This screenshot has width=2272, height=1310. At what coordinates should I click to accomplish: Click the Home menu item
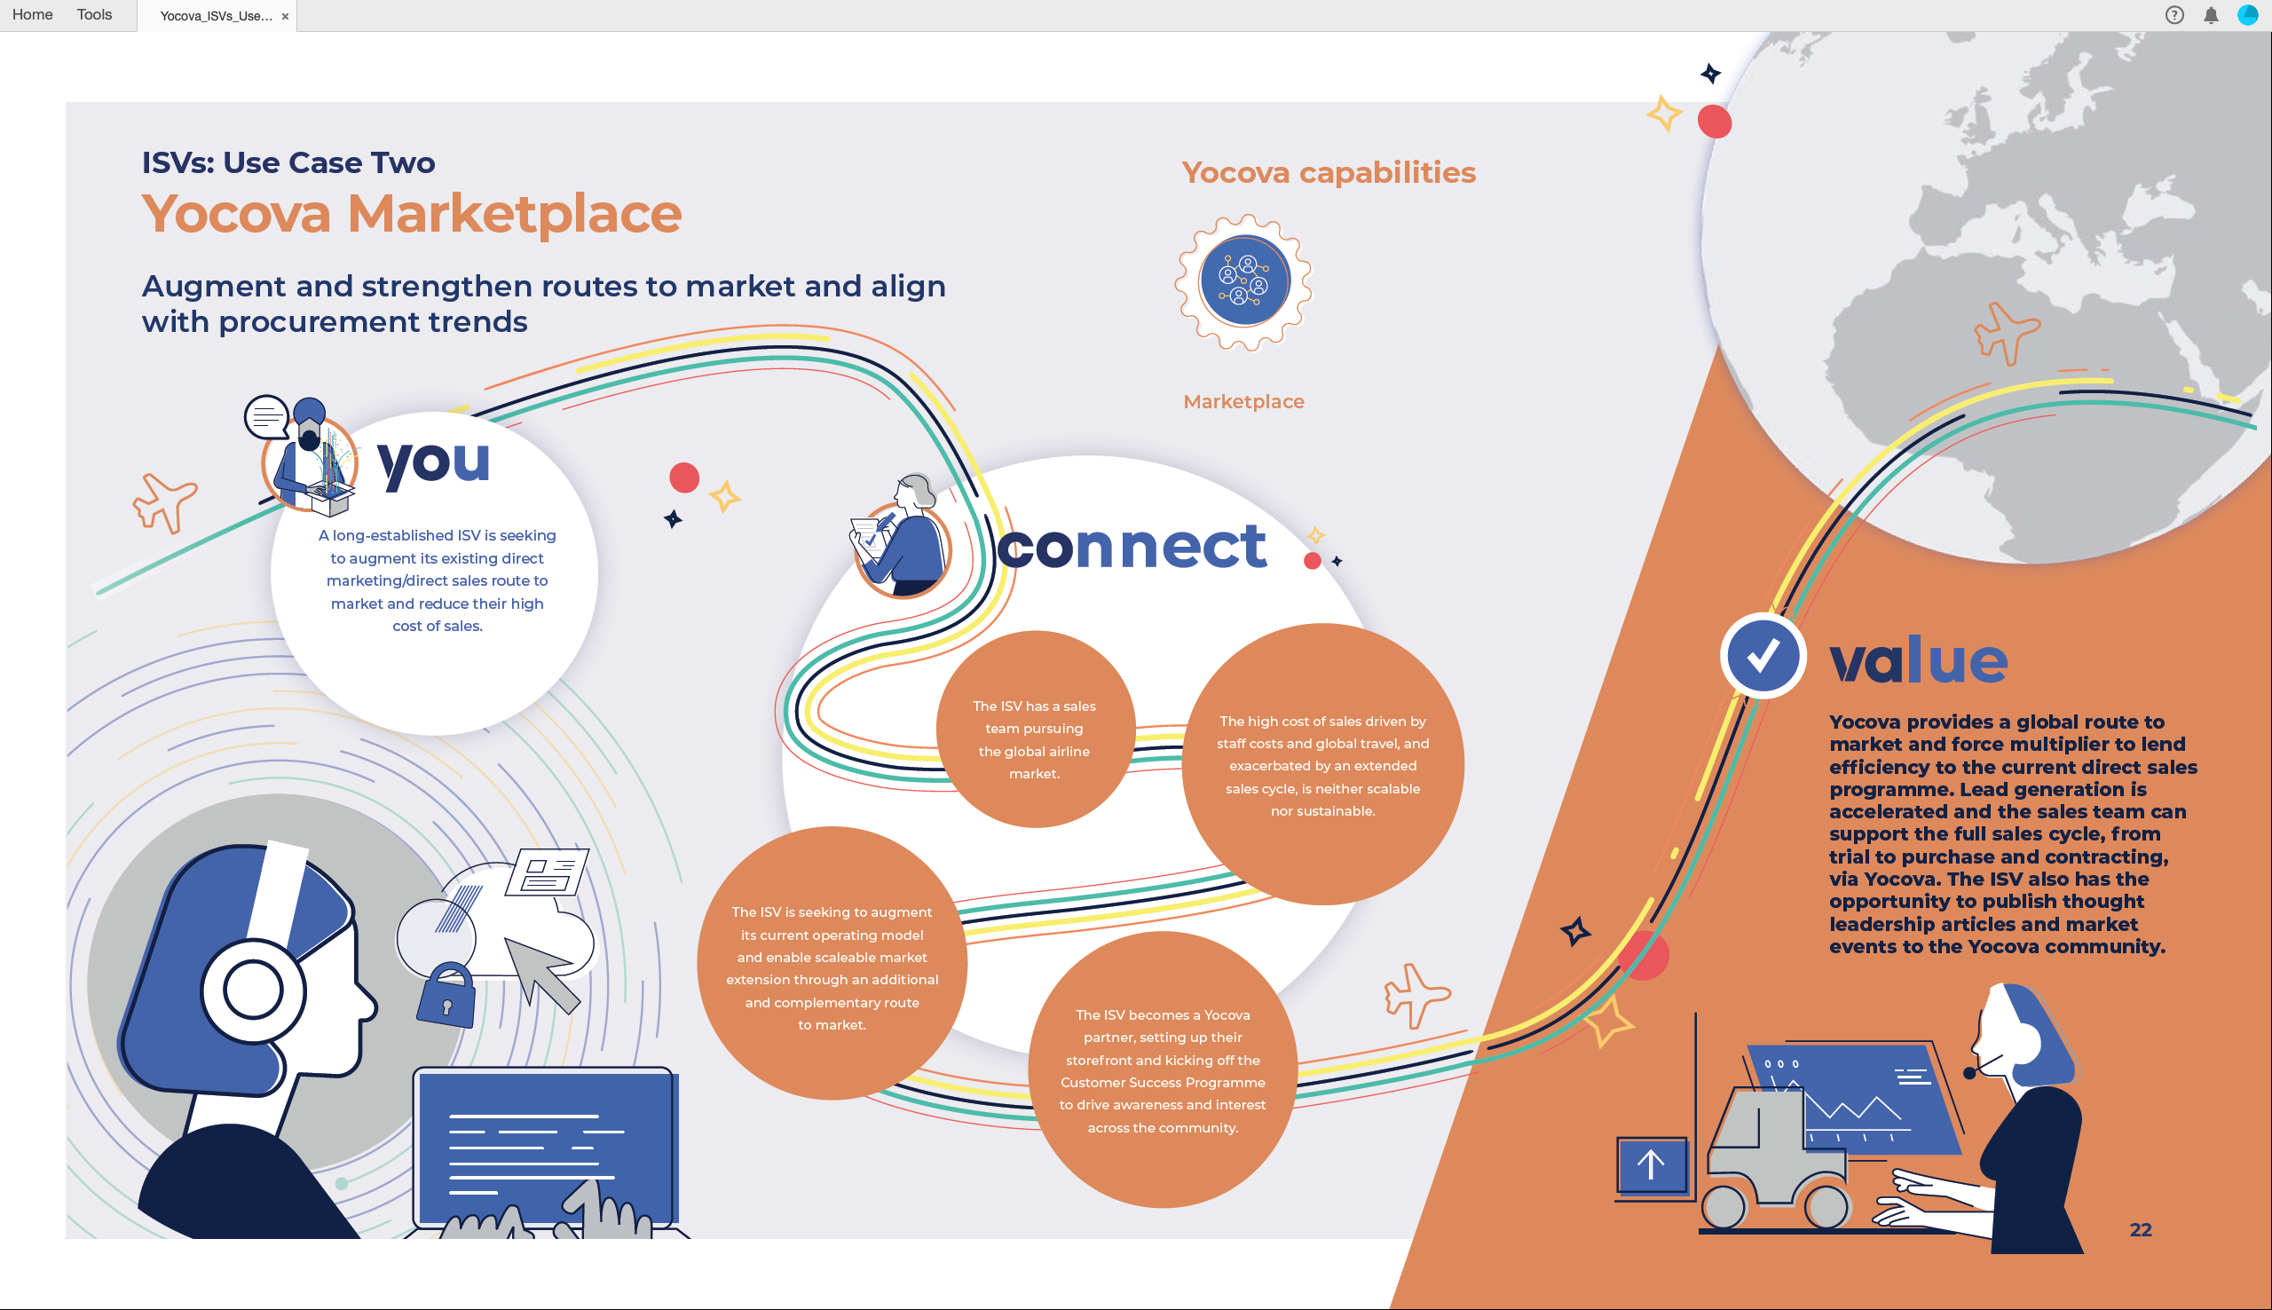tap(32, 14)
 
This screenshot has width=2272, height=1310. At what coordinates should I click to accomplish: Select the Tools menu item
tap(94, 14)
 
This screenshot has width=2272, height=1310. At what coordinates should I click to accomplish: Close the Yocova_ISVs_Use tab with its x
tap(285, 16)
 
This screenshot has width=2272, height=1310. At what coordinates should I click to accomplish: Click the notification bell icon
tap(2211, 15)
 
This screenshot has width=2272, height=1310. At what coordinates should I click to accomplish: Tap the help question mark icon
tap(2174, 15)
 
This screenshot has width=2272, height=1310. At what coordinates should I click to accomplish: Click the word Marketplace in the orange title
tap(515, 214)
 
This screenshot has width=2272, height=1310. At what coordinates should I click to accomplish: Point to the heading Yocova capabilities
tap(1329, 172)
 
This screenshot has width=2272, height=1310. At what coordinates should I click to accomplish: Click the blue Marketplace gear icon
tap(1244, 281)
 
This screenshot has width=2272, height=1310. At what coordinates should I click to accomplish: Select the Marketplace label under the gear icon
tap(1243, 401)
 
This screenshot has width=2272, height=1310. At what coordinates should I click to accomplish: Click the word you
tap(433, 462)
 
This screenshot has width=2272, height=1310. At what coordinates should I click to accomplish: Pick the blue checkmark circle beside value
tap(1762, 656)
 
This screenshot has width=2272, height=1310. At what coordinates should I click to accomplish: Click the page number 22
tap(2141, 1230)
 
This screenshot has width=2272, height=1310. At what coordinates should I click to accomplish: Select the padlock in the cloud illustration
tap(446, 995)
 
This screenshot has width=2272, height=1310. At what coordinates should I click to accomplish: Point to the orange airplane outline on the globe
tap(2006, 332)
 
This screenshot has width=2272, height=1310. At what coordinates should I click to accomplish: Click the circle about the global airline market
tap(1034, 729)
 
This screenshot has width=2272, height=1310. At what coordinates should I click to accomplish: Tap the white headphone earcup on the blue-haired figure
tap(254, 990)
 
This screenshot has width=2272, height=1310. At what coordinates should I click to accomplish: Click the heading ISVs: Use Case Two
tap(288, 162)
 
